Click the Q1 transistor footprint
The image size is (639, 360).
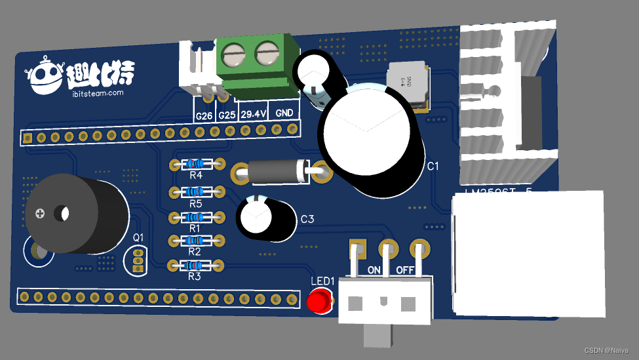click(138, 260)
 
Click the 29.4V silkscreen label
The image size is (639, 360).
click(254, 114)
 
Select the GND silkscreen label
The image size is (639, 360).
click(284, 113)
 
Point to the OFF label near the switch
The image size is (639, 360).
click(406, 270)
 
